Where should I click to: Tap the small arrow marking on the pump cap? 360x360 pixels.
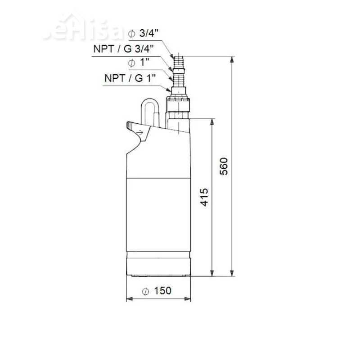pyautogui.click(x=142, y=132)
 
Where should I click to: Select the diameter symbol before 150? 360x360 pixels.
pyautogui.click(x=146, y=291)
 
